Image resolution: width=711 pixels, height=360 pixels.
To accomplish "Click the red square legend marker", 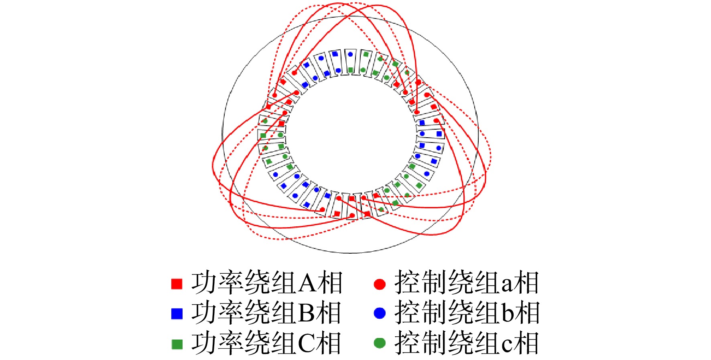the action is (x=177, y=284).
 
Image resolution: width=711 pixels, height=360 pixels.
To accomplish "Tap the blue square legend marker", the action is (x=177, y=313).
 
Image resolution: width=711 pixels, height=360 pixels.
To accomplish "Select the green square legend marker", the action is (x=177, y=344).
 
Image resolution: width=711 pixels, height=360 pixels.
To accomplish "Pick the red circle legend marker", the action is (x=380, y=284).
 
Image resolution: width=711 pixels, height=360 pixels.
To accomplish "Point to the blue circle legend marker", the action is (x=380, y=313).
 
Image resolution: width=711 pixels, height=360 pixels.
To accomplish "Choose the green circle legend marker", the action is (x=380, y=343).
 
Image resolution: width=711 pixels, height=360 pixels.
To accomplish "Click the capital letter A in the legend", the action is (x=307, y=283).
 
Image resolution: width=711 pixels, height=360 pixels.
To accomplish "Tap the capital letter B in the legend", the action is (x=307, y=313).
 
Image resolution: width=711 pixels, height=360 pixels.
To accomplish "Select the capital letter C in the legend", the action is (x=307, y=344).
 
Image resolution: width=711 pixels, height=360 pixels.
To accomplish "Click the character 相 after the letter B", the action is (x=328, y=313).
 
